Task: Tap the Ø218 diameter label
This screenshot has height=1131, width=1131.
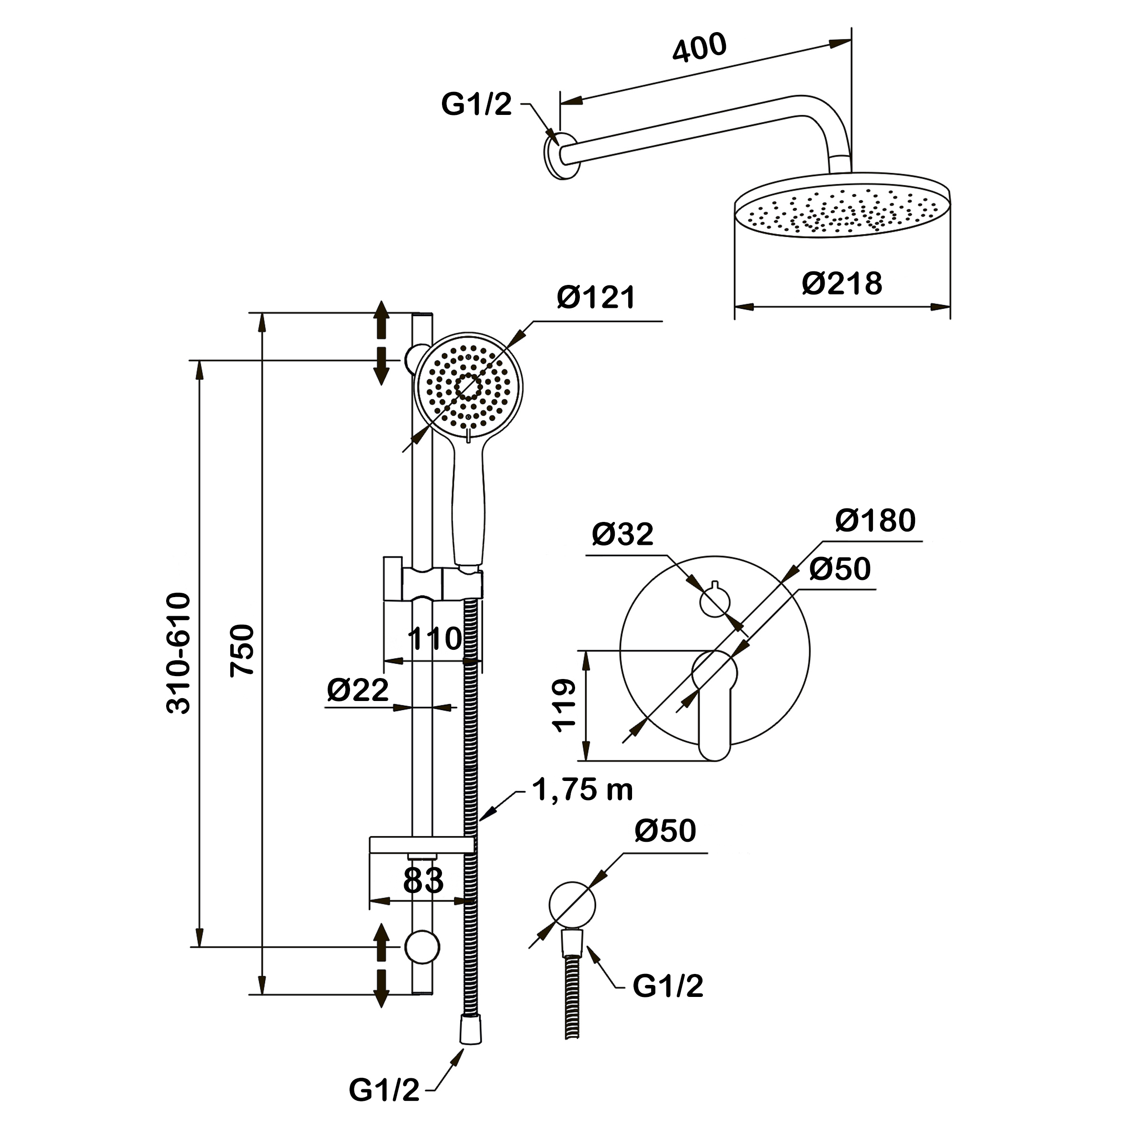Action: click(x=842, y=283)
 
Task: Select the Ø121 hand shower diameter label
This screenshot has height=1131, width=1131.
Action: click(x=596, y=297)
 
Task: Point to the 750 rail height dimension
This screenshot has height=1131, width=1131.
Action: click(x=242, y=650)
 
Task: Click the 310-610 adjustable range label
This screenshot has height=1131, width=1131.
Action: click(x=179, y=653)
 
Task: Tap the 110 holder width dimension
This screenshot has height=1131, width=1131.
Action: click(x=435, y=638)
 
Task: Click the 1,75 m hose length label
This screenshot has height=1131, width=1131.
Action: click(x=582, y=790)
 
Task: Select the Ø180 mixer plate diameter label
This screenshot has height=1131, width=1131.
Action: click(x=875, y=520)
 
